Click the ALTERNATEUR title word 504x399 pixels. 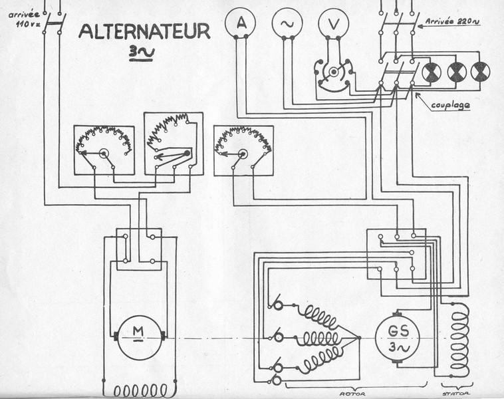(x=144, y=31)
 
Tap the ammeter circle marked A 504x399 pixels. (x=241, y=23)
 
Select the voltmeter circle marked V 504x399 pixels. (x=334, y=23)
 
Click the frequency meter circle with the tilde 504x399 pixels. (x=287, y=23)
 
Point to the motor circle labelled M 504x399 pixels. (x=138, y=338)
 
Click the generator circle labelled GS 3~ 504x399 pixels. (x=398, y=338)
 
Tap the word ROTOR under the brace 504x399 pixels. (x=352, y=394)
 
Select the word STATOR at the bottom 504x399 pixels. (x=455, y=394)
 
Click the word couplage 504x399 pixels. (x=450, y=106)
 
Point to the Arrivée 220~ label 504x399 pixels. (x=452, y=21)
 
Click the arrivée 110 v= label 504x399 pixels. (x=25, y=19)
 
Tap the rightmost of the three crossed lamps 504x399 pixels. (x=480, y=72)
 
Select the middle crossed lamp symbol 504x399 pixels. (x=456, y=72)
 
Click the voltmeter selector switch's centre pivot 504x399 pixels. (x=334, y=71)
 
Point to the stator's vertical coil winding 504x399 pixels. (x=459, y=339)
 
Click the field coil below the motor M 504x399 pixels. (x=140, y=390)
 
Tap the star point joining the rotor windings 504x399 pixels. (x=359, y=338)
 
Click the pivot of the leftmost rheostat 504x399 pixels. (x=104, y=154)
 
